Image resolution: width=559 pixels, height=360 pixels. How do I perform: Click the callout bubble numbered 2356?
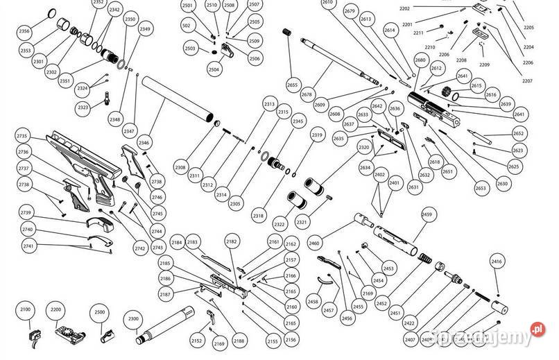click(24, 31)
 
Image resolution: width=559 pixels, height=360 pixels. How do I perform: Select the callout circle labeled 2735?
click(23, 136)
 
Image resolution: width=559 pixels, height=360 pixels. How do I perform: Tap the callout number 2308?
click(180, 168)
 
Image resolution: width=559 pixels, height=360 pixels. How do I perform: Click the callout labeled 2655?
click(292, 85)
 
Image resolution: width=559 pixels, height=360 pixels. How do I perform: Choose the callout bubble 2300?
click(134, 320)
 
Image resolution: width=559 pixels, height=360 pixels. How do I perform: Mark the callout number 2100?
click(26, 308)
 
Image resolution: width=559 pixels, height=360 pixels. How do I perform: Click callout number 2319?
click(317, 135)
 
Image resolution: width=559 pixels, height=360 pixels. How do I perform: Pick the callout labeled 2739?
click(26, 213)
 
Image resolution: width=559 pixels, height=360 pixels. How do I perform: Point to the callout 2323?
click(83, 108)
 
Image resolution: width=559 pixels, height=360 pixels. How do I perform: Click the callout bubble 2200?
click(56, 308)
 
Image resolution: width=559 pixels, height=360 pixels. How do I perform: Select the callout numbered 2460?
click(314, 243)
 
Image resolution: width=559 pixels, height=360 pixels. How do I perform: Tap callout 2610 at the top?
click(327, 3)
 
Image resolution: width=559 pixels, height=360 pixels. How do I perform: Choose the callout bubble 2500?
click(100, 313)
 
